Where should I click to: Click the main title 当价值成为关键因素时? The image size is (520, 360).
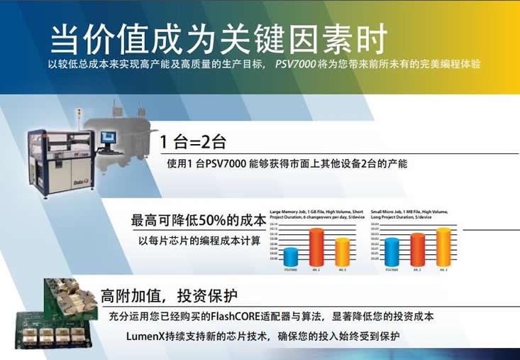pos(219,38)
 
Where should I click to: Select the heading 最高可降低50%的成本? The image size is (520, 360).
pos(199,219)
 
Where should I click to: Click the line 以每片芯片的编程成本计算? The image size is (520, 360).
pos(199,241)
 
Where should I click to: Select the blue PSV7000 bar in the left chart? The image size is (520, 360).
pos(291,257)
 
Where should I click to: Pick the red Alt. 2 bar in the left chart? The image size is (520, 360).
pos(317,248)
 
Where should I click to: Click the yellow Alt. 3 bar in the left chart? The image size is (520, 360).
pos(343,252)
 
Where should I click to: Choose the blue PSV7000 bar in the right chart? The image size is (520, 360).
pos(391,253)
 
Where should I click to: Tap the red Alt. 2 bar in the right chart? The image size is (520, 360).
pos(417,250)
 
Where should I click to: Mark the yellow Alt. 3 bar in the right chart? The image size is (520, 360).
pos(443,247)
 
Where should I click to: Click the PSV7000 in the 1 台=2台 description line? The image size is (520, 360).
pos(226,163)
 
